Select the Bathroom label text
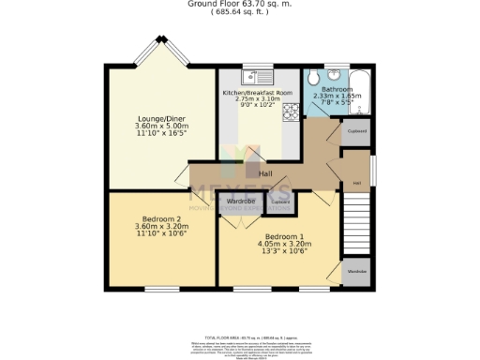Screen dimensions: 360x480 tap(337, 90)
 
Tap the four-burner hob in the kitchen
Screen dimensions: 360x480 tap(291, 112)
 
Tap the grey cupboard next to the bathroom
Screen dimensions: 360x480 tap(357, 132)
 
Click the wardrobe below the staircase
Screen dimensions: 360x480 tap(357, 272)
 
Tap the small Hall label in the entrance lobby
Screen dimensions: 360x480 tap(357, 183)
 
